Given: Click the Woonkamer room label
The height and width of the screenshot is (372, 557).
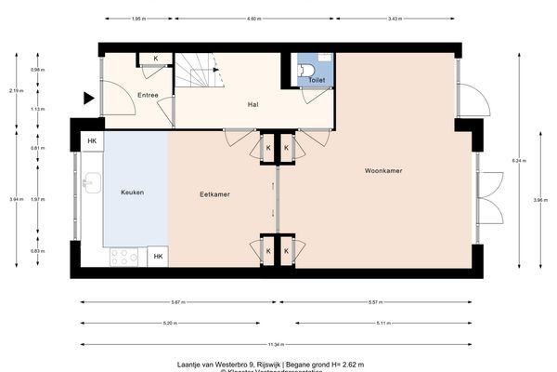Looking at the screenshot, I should coord(382,171).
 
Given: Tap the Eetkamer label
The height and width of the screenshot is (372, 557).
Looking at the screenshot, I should coord(214,194).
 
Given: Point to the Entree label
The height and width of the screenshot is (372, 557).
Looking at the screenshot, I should coord(148,96).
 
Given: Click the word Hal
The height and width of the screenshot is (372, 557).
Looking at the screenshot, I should coord(252,104).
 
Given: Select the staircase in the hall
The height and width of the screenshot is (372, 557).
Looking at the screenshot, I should coord(199,70).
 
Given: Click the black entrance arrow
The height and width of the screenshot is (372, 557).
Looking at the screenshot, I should coord(89,98).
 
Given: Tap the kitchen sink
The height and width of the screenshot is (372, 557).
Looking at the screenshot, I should coord(91,182).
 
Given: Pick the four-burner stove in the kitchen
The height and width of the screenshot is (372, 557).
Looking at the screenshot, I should coord(123,256).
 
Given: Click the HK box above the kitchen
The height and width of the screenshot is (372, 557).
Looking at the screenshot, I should coord(92,141).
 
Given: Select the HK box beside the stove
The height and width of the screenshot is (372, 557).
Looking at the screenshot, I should coord(158,256).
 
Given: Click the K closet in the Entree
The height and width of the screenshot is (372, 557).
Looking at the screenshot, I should coord(155,60).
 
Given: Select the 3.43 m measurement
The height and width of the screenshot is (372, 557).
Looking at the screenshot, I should coord(395,20).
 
